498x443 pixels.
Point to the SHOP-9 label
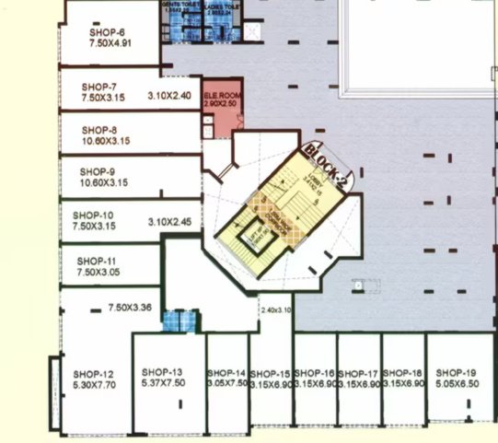98,171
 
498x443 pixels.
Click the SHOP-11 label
97,261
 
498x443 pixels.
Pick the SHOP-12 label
93,373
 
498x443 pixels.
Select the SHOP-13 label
163,372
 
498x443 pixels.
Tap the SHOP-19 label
457,372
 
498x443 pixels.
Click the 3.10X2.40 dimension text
169,95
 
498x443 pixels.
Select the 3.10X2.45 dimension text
169,222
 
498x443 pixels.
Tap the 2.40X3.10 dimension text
275,309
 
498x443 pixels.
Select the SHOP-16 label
315,372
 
